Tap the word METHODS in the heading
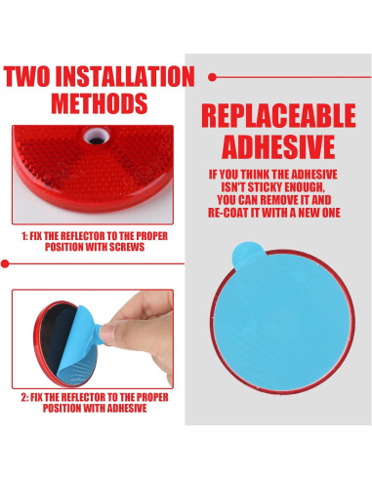[100, 103]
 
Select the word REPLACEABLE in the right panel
[278, 115]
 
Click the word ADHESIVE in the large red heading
[277, 147]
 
